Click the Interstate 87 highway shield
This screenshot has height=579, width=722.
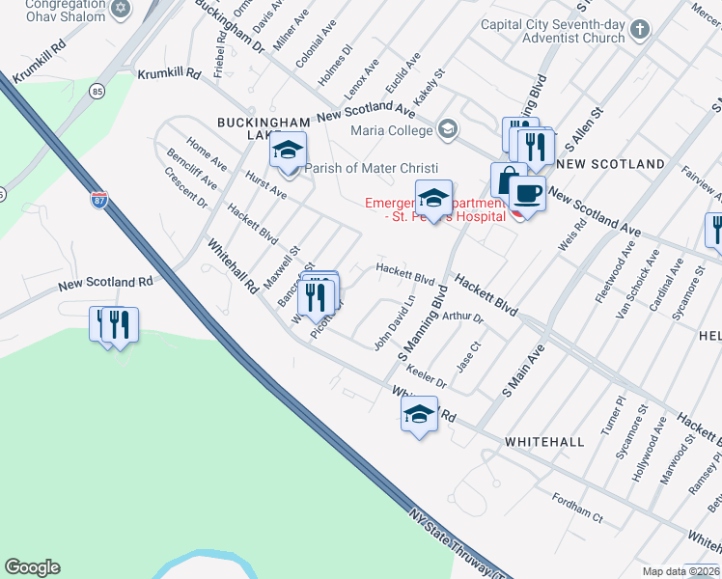tap(99, 200)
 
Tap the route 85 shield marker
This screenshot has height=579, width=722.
tap(97, 92)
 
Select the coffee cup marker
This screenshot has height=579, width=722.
tap(527, 194)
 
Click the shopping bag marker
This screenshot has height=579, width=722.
tap(508, 179)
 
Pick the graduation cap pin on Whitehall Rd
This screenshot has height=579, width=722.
tap(418, 416)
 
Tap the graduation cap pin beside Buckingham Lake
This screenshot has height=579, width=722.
tap(288, 150)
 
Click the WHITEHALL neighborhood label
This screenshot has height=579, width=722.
tap(544, 441)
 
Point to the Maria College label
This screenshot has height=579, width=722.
tap(392, 130)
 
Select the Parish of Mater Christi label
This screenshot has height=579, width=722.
tap(372, 168)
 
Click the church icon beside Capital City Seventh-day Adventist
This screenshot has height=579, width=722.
tap(639, 31)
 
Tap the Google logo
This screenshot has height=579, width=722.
tap(32, 567)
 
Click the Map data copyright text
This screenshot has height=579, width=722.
tap(680, 571)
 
